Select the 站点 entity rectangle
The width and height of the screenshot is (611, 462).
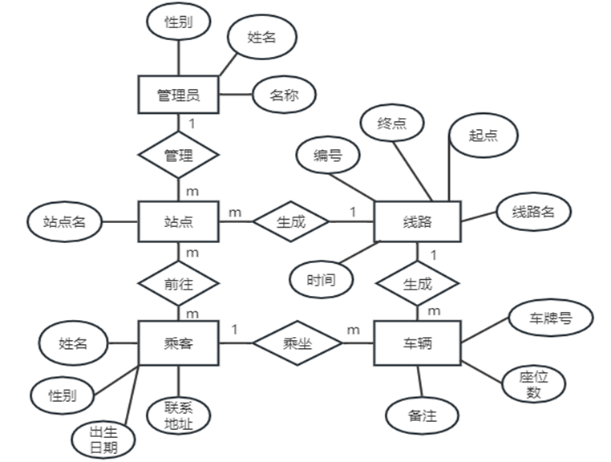click(x=178, y=221)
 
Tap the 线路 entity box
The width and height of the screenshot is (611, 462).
click(x=417, y=221)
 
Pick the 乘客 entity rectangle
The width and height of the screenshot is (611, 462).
click(x=178, y=343)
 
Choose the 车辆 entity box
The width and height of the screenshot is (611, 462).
click(x=417, y=343)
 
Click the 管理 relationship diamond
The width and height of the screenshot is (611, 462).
click(x=178, y=156)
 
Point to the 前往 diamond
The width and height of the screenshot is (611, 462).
click(x=178, y=284)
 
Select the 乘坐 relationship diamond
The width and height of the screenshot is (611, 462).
click(x=297, y=343)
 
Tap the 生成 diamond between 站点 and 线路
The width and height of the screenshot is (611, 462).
click(x=291, y=221)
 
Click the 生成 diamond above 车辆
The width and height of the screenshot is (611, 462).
click(x=417, y=284)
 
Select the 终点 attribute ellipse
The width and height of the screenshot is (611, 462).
click(x=391, y=124)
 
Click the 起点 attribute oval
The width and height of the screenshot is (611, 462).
click(x=483, y=135)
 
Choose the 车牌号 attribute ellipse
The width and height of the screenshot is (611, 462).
click(x=551, y=318)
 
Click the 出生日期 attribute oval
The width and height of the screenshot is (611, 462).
click(x=104, y=437)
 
